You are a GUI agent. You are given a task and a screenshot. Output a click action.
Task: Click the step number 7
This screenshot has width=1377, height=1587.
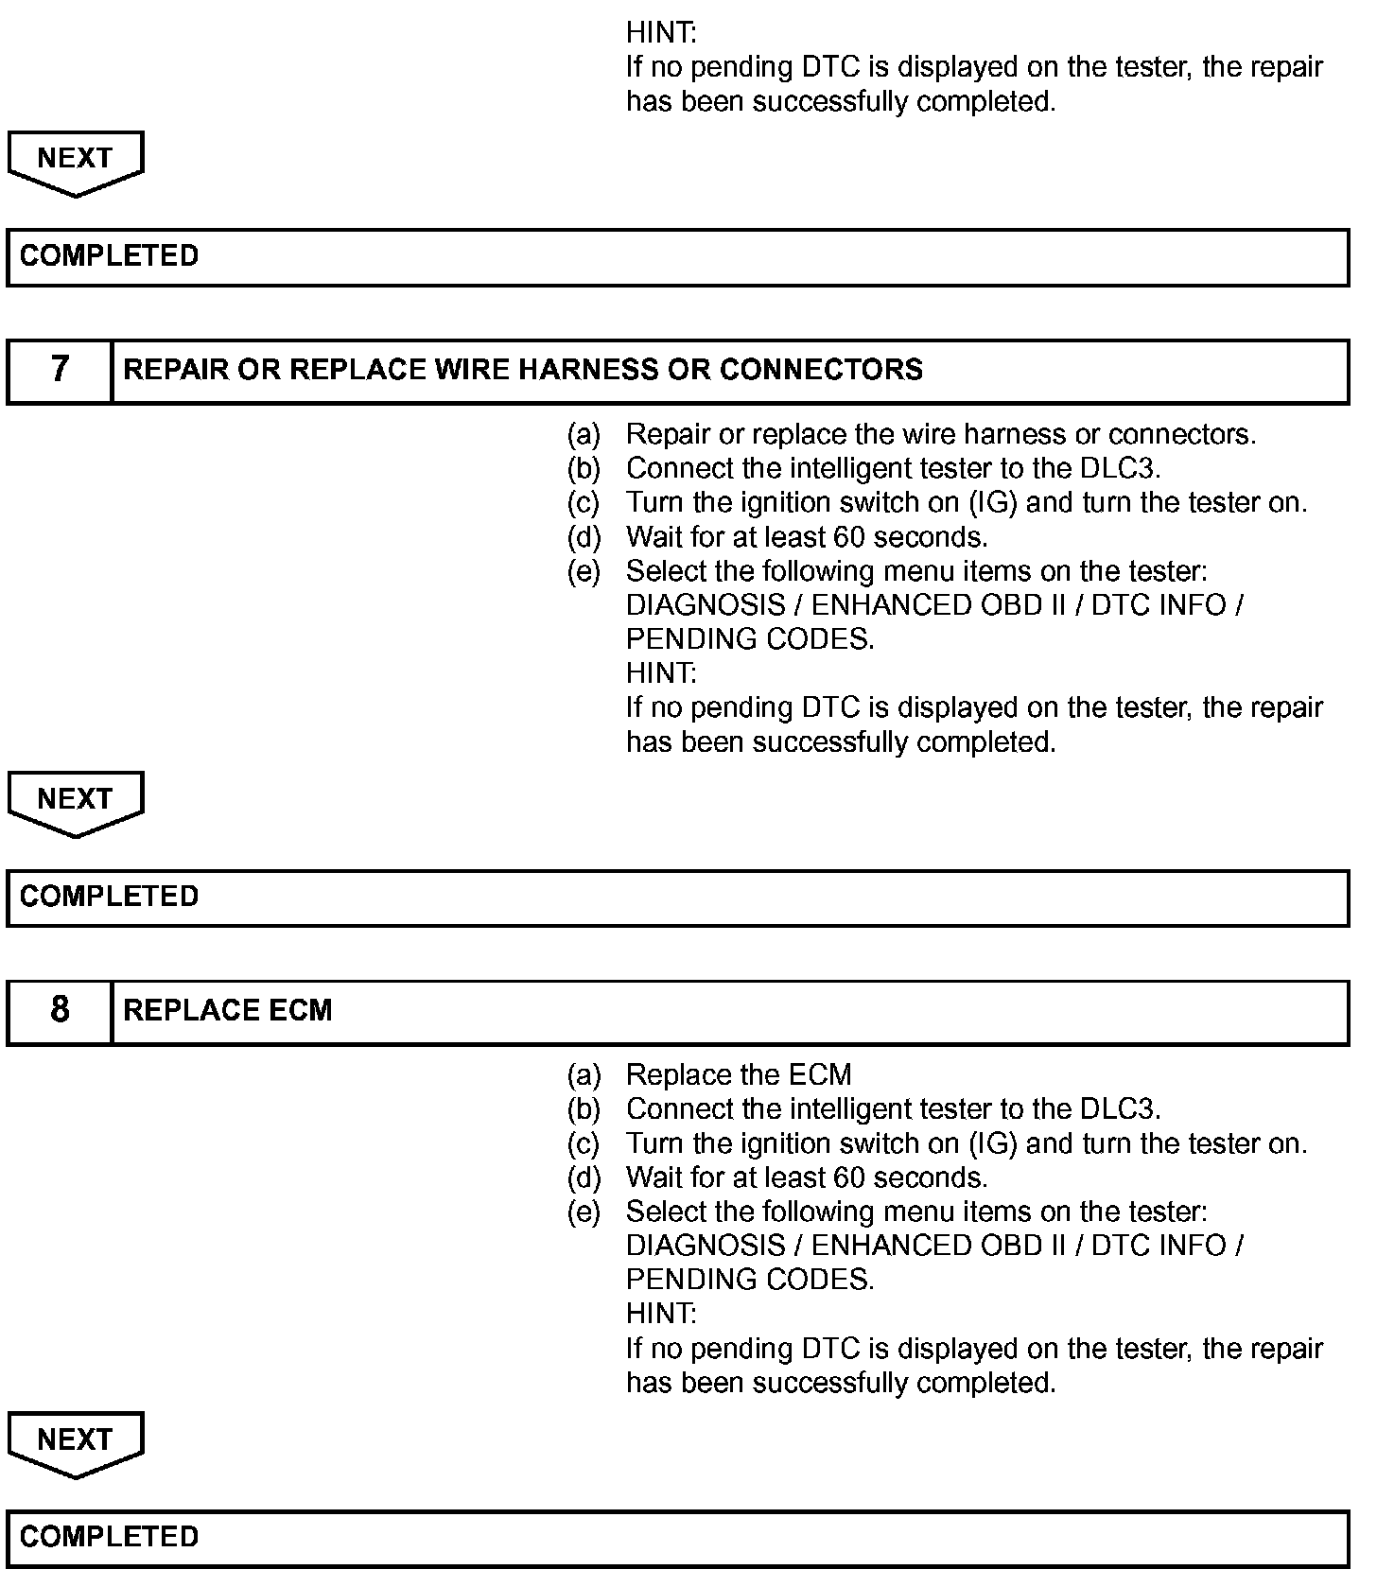(60, 369)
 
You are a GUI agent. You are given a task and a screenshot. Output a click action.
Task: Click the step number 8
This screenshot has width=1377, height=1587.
(60, 1010)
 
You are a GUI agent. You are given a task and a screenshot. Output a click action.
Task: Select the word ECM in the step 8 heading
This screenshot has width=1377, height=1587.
(300, 1010)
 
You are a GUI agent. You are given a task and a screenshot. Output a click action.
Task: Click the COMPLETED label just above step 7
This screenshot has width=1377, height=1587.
(109, 255)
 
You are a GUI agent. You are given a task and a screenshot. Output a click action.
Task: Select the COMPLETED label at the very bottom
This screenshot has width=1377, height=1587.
(109, 1537)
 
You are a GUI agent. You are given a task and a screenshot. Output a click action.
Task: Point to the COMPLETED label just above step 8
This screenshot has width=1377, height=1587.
(109, 897)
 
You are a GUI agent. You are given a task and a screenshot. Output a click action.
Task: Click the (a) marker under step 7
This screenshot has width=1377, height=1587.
(584, 435)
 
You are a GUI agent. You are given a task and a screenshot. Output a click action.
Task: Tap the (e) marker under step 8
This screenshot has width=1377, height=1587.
(584, 1212)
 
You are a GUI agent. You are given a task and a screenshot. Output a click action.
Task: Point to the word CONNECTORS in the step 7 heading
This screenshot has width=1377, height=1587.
(821, 369)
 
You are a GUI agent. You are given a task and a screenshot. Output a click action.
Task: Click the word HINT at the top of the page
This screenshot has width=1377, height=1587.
(661, 33)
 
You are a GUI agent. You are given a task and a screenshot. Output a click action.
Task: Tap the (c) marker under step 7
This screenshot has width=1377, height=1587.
(584, 503)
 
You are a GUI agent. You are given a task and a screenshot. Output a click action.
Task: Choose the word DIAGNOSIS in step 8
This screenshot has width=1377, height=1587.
(706, 1247)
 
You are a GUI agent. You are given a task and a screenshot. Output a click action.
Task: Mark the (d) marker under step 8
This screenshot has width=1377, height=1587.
(584, 1178)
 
